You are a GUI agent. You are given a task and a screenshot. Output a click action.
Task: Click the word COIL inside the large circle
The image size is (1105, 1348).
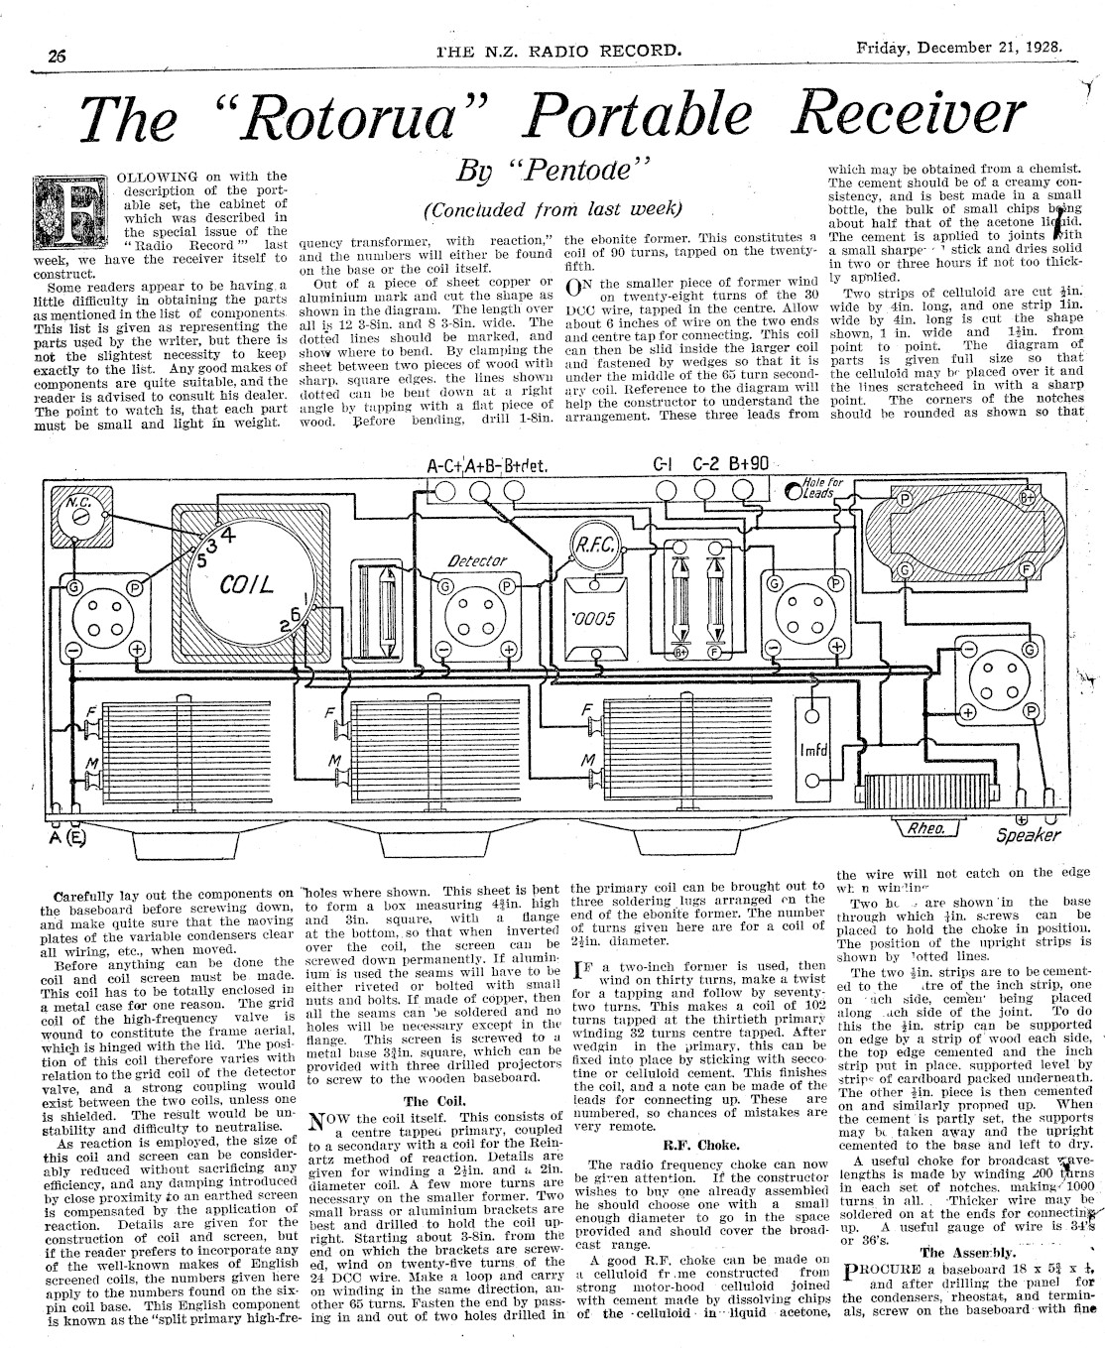245,585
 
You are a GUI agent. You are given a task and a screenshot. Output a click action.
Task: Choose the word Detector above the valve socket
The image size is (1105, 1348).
478,561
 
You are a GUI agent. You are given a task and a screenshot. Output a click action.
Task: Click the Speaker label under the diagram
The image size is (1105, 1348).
1028,835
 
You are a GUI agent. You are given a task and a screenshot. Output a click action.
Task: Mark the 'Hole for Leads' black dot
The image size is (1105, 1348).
795,491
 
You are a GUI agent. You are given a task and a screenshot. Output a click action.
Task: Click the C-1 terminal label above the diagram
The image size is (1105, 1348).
663,463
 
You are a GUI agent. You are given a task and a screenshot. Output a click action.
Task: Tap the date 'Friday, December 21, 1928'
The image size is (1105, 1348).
959,46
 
